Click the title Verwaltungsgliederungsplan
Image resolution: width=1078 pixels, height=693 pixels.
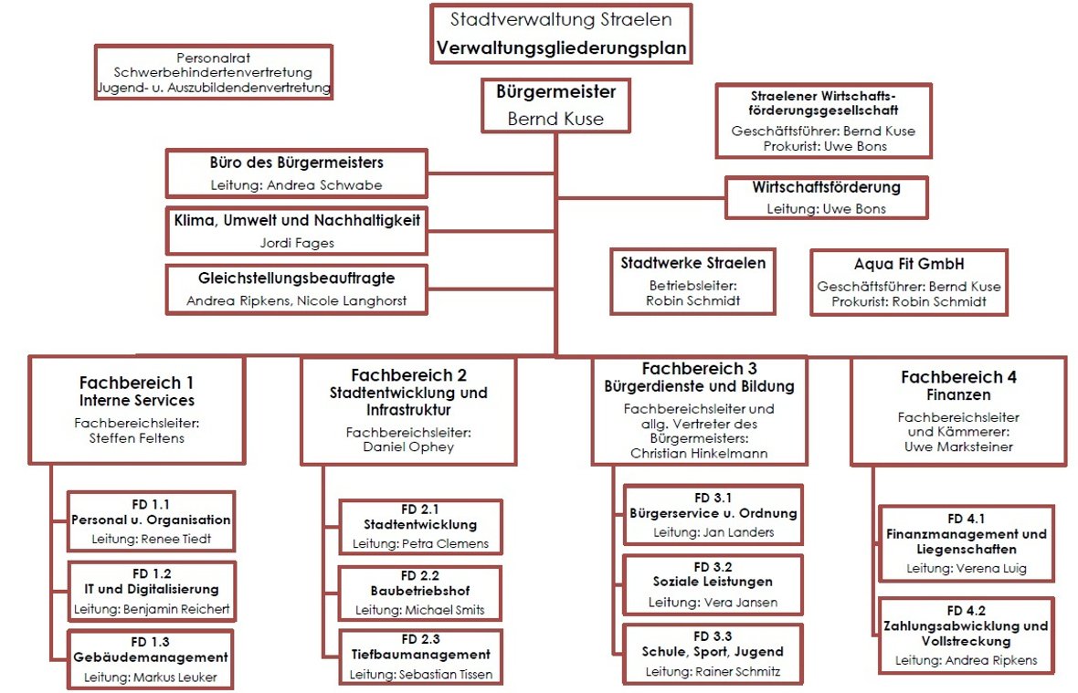point(561,47)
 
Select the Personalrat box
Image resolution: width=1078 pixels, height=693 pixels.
point(214,72)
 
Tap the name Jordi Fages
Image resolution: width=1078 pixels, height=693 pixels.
point(297,243)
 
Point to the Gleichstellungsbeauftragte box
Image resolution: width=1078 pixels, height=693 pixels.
point(297,289)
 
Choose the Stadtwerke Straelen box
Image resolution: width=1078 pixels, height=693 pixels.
point(692,280)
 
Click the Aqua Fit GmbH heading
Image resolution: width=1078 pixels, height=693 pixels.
point(909,264)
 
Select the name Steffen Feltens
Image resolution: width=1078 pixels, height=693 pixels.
point(136,437)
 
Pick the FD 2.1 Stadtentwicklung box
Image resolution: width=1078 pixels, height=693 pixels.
point(420,526)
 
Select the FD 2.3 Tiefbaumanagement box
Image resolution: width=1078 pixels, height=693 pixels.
point(420,655)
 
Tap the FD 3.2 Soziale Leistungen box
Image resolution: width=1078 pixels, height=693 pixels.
point(712,583)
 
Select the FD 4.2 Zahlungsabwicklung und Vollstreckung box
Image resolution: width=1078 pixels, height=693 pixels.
point(966,635)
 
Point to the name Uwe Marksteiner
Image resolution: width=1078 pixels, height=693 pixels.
point(958,446)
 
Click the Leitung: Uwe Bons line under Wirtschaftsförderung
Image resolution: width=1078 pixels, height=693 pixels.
point(826,208)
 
